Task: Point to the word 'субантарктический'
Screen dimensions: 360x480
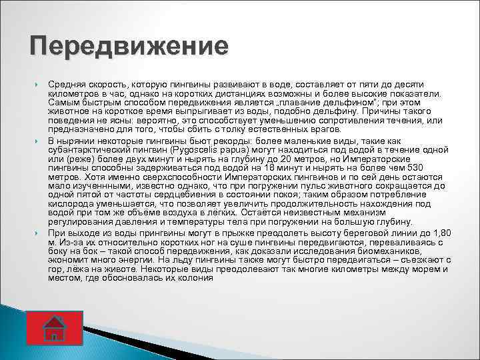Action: pyautogui.click(x=87, y=151)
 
